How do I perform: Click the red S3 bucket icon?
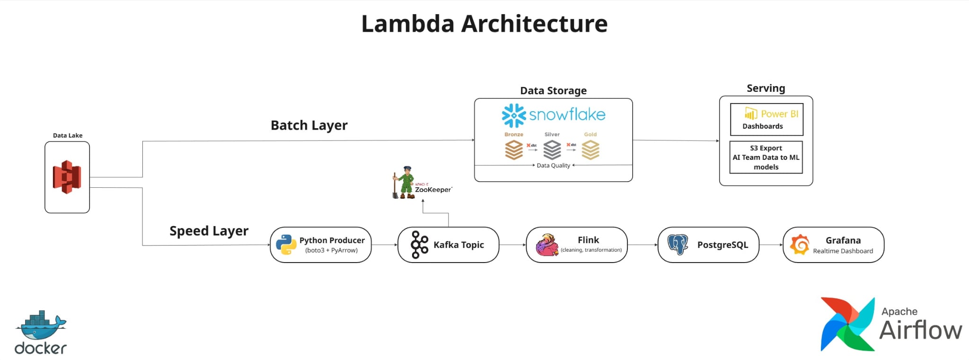[x=67, y=177]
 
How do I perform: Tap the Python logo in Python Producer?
[x=286, y=245]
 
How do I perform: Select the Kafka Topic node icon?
[x=419, y=245]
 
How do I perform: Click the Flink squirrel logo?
[x=547, y=245]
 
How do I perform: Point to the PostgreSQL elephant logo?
[x=678, y=245]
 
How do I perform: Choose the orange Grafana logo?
[x=800, y=245]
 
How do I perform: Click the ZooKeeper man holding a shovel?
[x=404, y=183]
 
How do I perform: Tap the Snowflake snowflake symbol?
[x=514, y=115]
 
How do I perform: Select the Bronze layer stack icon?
[x=514, y=150]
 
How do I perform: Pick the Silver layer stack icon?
[x=552, y=150]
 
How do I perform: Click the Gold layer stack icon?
[x=590, y=150]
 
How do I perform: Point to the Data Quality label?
[x=553, y=166]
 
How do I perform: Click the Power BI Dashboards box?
[x=766, y=119]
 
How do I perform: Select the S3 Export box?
[x=766, y=157]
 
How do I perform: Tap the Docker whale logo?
[x=41, y=332]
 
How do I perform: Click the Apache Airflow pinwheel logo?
[x=847, y=324]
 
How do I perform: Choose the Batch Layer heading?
[x=309, y=125]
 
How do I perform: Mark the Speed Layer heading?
[x=209, y=231]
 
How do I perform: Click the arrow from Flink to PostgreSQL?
[x=643, y=245]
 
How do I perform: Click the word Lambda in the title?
[x=408, y=24]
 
